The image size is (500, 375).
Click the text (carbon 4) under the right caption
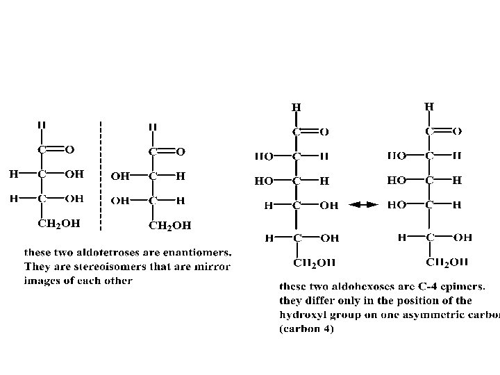click(306, 329)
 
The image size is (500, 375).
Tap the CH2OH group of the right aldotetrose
click(170, 225)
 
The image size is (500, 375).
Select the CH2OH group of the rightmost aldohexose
click(447, 262)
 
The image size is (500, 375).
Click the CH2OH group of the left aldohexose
click(314, 262)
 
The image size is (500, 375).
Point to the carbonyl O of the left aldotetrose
click(69, 149)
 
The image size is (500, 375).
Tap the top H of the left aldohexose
click(297, 108)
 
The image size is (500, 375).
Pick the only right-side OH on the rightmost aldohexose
click(462, 237)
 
